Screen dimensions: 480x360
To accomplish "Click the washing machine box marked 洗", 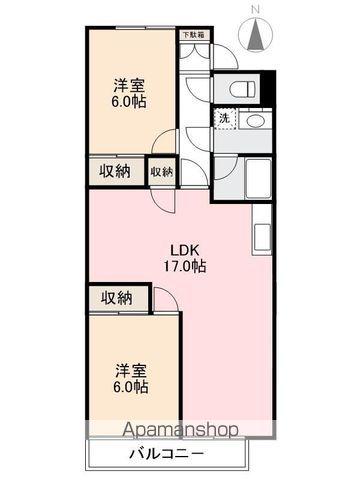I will click(x=225, y=119).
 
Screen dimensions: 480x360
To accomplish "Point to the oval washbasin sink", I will click(x=256, y=120).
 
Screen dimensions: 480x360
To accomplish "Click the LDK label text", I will click(x=186, y=249).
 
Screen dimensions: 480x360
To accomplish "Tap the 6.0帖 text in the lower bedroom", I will click(x=130, y=386).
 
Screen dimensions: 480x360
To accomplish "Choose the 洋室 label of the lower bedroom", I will click(x=130, y=368).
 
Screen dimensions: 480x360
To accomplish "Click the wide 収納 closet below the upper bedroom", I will click(x=115, y=170).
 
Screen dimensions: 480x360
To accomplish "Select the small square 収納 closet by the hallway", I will click(x=161, y=171).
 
